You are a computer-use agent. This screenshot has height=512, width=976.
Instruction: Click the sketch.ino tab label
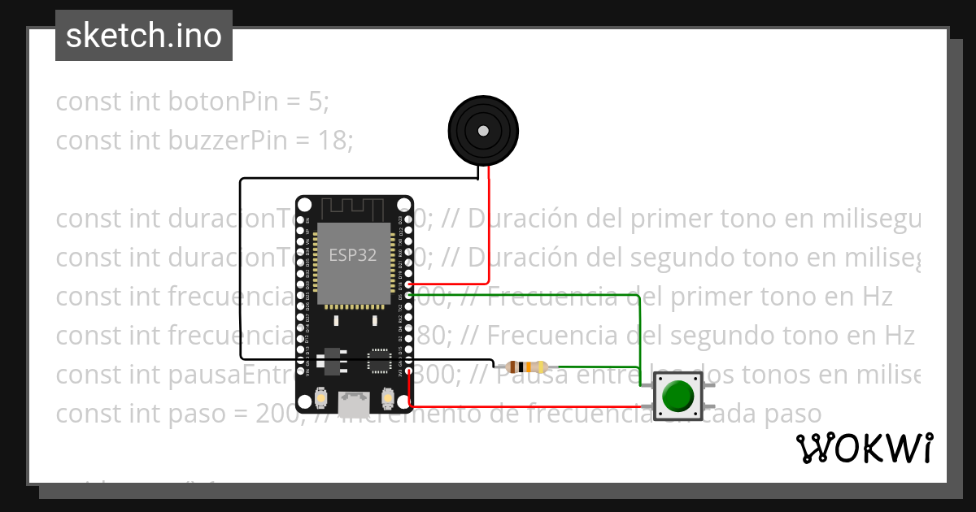point(143,37)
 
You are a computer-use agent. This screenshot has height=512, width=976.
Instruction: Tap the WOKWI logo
point(864,448)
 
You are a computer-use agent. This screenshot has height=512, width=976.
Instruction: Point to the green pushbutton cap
point(678,396)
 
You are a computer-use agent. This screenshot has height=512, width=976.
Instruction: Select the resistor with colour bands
point(526,367)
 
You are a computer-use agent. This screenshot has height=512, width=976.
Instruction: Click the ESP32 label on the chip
point(352,254)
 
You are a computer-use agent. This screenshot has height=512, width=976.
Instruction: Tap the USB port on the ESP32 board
point(354,401)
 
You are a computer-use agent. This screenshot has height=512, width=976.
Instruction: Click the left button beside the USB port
point(320,398)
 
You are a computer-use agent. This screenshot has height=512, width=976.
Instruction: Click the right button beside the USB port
point(388,398)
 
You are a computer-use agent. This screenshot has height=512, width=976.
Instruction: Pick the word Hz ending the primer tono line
point(875,297)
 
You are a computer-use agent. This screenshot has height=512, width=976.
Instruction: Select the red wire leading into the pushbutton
point(529,406)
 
